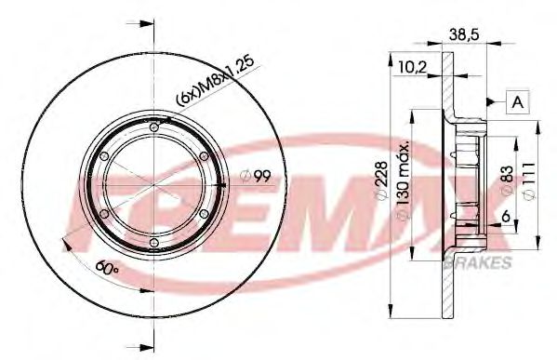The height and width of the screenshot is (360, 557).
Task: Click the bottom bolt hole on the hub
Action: point(153,244)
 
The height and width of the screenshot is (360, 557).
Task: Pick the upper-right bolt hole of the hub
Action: point(204,156)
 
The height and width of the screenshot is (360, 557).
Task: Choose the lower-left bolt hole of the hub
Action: point(103,214)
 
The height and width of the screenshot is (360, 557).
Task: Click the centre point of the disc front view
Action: point(153,185)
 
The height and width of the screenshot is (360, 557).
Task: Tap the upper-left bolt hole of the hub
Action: point(103,156)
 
